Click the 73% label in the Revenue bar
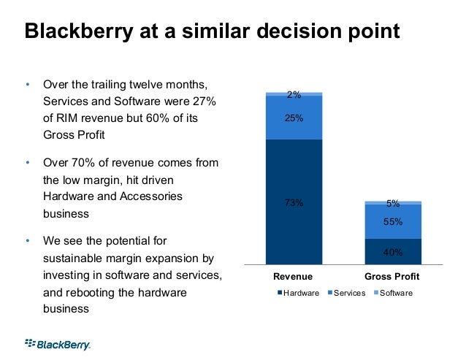coord(294,203)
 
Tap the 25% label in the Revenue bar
coord(294,117)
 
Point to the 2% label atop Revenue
coord(294,94)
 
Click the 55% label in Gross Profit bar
coord(393,221)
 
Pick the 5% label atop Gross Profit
coord(393,204)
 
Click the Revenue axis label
coord(293,277)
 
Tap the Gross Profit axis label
coord(391,277)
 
